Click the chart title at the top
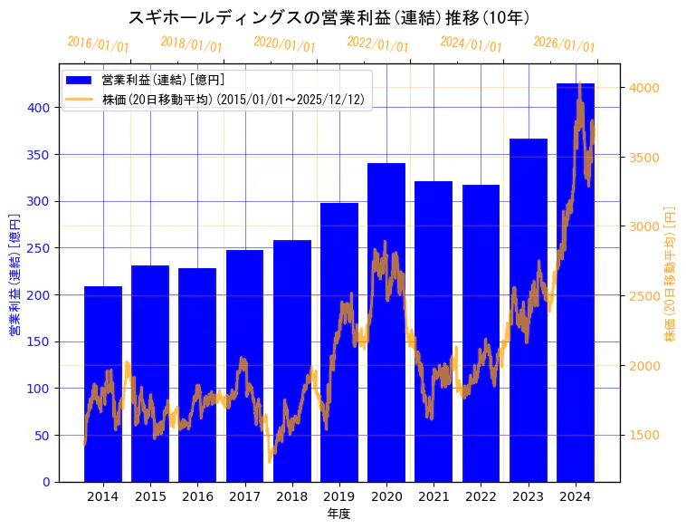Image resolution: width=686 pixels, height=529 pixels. coord(329,18)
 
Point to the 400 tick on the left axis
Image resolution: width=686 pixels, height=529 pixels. coord(43,107)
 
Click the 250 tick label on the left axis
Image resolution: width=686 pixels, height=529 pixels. coord(43,248)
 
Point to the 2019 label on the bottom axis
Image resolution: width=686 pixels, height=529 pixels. coord(339,496)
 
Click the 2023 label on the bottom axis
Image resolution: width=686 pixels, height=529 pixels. coord(529,496)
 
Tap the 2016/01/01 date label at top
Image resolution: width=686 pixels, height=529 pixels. coord(98,44)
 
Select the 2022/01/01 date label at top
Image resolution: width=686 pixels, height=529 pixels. coord(377,44)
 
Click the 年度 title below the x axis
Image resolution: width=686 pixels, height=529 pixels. coord(339,514)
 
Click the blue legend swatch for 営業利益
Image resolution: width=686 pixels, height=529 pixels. coord(79,81)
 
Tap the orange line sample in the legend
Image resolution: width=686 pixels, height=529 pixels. coord(79,100)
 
